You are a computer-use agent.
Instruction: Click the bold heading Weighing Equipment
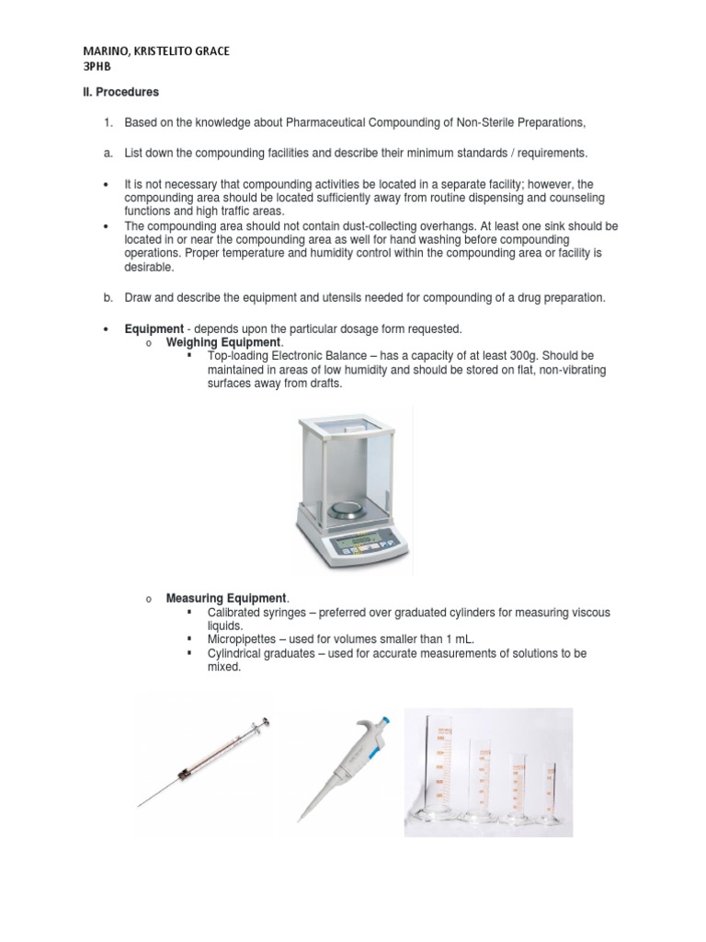[222, 342]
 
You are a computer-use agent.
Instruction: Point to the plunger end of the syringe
[265, 721]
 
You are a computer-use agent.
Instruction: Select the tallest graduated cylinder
[436, 768]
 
